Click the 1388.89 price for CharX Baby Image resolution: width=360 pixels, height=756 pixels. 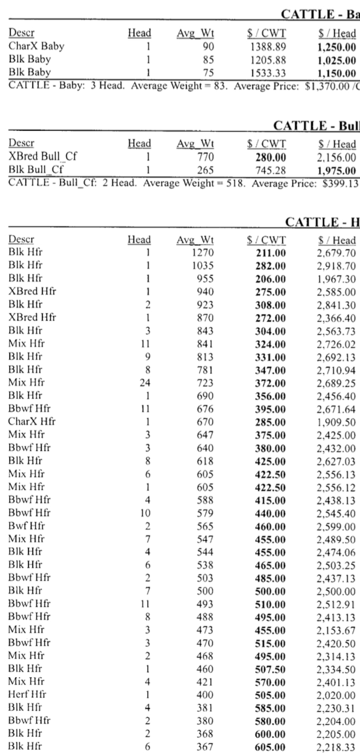click(x=266, y=47)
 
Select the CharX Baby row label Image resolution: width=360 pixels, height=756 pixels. click(x=36, y=47)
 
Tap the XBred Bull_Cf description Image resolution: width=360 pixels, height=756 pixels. click(x=40, y=156)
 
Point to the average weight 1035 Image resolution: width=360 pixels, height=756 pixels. click(x=204, y=265)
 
